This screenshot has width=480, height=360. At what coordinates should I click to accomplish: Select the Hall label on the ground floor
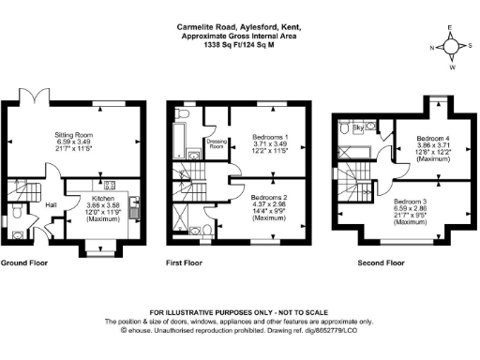point(51,204)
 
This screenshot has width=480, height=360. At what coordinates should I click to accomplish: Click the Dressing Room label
point(217,143)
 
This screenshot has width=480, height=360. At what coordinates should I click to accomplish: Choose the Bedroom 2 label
point(271,198)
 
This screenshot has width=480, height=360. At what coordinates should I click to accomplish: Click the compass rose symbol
point(449,45)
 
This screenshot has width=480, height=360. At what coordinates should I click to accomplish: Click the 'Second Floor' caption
point(381,263)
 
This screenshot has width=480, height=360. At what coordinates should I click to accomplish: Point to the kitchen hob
point(109,184)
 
